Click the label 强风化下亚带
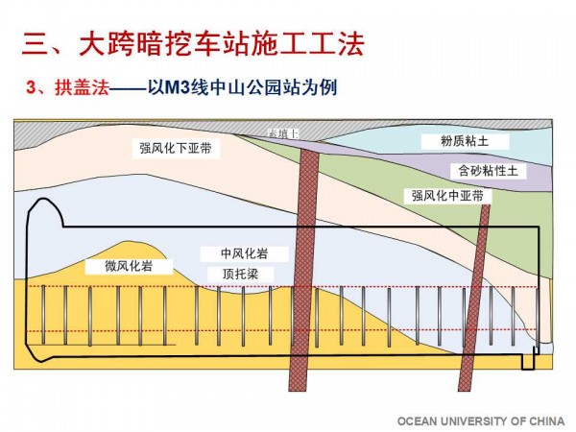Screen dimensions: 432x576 [178, 149]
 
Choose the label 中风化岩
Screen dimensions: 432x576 [244, 254]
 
